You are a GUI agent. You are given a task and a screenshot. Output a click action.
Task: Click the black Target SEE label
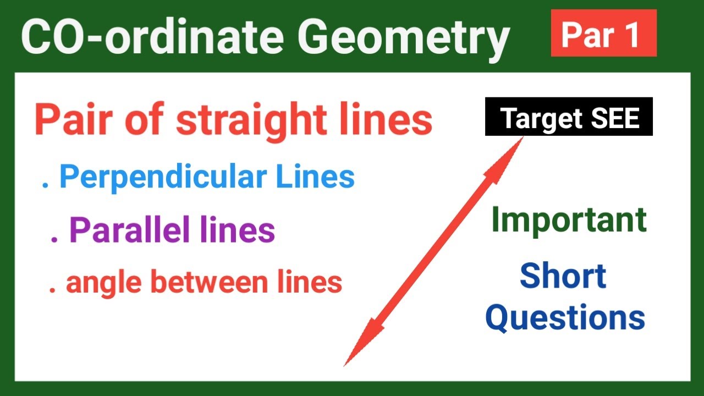coord(569,117)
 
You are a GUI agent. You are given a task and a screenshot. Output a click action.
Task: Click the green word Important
coord(569,220)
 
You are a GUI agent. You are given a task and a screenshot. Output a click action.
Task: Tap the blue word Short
coord(563,276)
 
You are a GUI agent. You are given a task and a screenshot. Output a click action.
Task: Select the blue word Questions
coord(565,318)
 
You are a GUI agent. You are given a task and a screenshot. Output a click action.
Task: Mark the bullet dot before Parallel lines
coord(54,240)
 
